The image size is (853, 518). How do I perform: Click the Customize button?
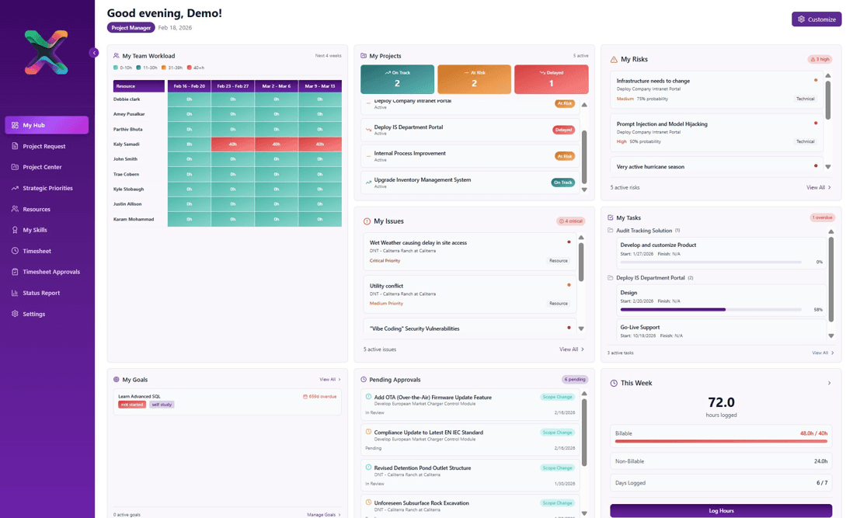click(x=816, y=19)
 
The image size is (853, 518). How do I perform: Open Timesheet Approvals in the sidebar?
click(x=50, y=272)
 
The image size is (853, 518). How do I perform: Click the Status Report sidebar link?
click(x=41, y=293)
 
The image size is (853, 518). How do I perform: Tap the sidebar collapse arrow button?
click(x=94, y=53)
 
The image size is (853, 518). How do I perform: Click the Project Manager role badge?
click(x=131, y=28)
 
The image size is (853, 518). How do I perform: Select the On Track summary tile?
click(x=397, y=79)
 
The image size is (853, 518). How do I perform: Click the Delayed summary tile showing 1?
click(x=551, y=79)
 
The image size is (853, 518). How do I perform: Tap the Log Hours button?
click(x=721, y=510)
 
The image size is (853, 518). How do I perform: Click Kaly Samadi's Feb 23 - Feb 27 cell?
click(x=232, y=144)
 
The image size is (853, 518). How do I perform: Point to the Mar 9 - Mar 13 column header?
click(x=319, y=86)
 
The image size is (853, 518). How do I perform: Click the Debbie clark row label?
click(x=127, y=99)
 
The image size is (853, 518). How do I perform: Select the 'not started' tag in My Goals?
click(x=131, y=405)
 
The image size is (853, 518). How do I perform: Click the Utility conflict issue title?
click(x=386, y=286)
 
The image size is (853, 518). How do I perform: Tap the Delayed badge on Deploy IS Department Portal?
click(x=563, y=130)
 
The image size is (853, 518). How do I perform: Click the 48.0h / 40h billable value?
click(x=813, y=433)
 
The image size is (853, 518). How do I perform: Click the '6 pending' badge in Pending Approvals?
click(x=575, y=380)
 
